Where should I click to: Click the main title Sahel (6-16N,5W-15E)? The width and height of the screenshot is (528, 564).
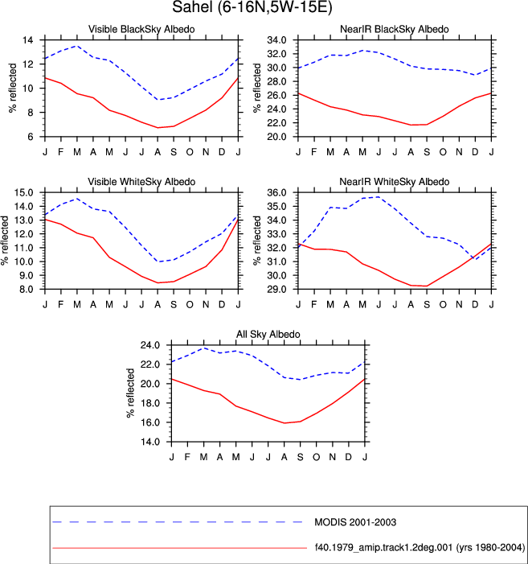click(x=252, y=7)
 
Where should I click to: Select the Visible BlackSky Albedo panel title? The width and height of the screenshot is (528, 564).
click(x=141, y=29)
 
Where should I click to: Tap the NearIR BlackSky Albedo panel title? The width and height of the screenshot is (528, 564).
click(x=395, y=29)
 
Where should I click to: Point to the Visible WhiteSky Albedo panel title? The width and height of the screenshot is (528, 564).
click(x=141, y=182)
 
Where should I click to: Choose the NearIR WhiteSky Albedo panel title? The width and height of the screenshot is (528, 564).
click(x=395, y=182)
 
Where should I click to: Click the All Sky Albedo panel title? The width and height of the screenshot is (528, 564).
click(x=268, y=334)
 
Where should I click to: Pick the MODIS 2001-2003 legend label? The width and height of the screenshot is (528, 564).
click(x=355, y=522)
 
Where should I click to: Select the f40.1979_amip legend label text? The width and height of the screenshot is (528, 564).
click(x=420, y=547)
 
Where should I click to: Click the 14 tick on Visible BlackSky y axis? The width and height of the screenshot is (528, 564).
click(x=27, y=40)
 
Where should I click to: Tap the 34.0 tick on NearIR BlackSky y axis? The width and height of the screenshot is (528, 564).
click(x=276, y=40)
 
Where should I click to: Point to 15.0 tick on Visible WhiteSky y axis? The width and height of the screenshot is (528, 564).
click(x=23, y=192)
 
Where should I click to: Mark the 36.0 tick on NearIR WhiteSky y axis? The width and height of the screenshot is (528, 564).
click(x=276, y=192)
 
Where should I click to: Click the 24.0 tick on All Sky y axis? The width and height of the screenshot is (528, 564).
click(x=150, y=345)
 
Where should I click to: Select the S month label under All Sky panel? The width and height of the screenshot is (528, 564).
click(x=300, y=457)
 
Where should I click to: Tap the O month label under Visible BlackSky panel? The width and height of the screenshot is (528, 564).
click(x=190, y=152)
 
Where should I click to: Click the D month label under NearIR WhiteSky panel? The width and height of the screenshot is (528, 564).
click(x=475, y=305)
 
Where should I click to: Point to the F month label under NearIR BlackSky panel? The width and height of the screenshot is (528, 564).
click(x=314, y=152)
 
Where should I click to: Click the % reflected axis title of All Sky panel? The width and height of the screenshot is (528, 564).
click(x=130, y=393)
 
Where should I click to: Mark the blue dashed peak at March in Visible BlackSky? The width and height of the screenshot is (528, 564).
click(x=77, y=46)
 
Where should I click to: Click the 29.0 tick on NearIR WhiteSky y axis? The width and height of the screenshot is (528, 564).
click(x=276, y=289)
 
